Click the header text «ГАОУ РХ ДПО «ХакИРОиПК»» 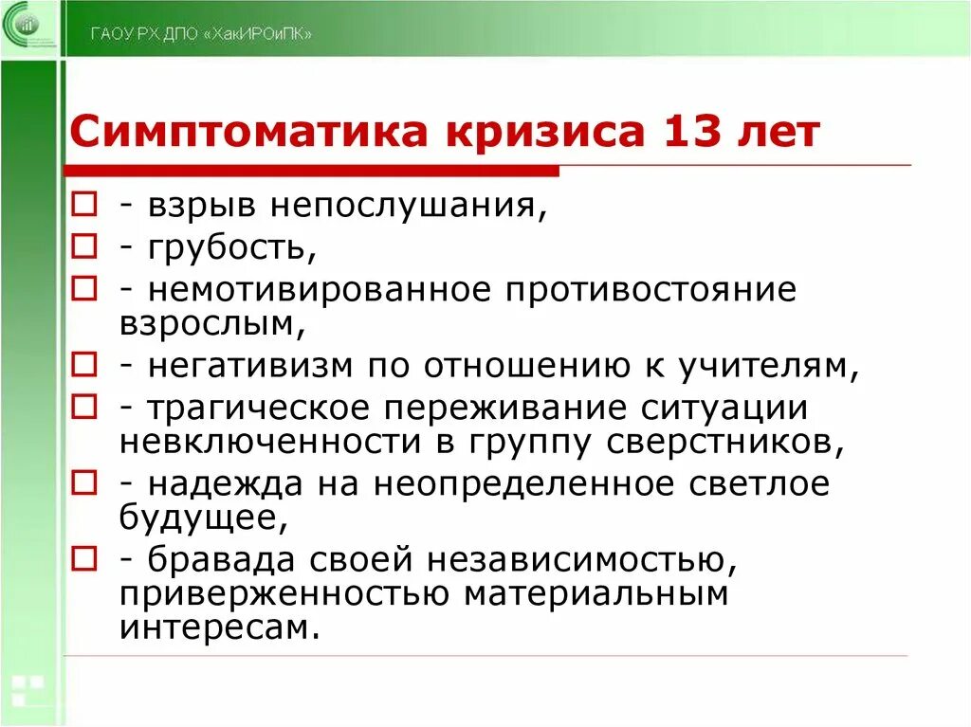tap(201, 34)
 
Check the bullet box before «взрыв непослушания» tap(83, 205)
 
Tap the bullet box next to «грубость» tap(83, 246)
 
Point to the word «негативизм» tap(250, 365)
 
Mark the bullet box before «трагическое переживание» tap(83, 408)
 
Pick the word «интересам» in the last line tap(217, 627)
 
